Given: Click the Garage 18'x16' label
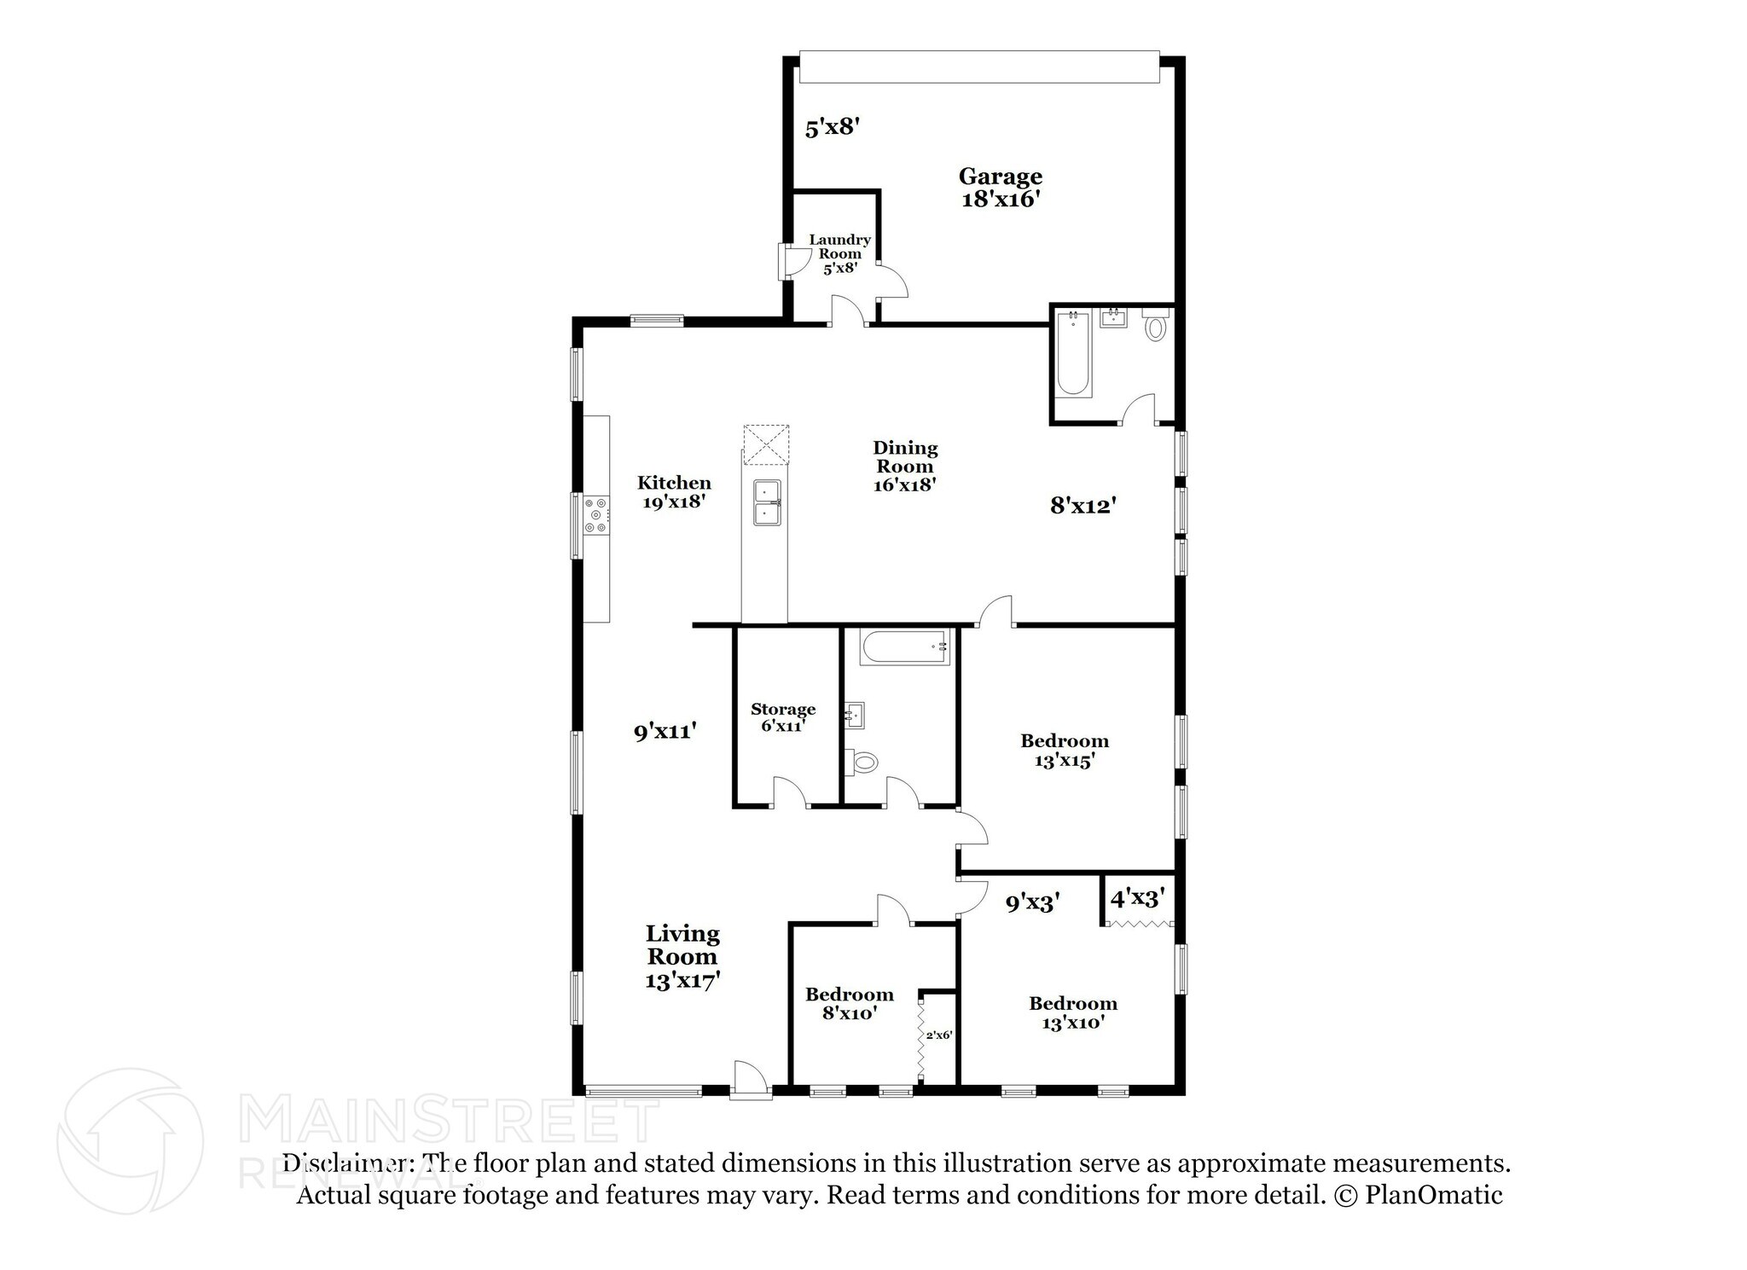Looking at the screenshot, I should [1000, 188].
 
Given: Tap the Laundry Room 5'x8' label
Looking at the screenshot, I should [839, 253].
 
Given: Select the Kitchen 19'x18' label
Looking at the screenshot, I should [674, 492].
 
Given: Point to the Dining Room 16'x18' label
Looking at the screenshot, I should [905, 466].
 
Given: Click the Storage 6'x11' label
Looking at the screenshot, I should [783, 717].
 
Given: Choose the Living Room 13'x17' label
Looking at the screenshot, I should [682, 956].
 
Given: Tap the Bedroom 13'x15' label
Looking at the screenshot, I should [1065, 750].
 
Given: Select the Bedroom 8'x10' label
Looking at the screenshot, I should [850, 1003].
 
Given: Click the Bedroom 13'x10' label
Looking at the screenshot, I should [1073, 1012].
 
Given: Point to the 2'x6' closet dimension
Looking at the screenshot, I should [938, 1035].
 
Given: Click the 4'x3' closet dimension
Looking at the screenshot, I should [1138, 897].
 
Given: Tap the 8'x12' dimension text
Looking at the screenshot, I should [1083, 506].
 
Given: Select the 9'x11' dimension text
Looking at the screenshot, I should [666, 731].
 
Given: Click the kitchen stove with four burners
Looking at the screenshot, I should [596, 516].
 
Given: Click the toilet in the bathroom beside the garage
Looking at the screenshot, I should [1155, 326].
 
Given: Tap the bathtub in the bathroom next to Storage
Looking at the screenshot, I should [905, 647].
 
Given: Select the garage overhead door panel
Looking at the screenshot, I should [979, 68].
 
